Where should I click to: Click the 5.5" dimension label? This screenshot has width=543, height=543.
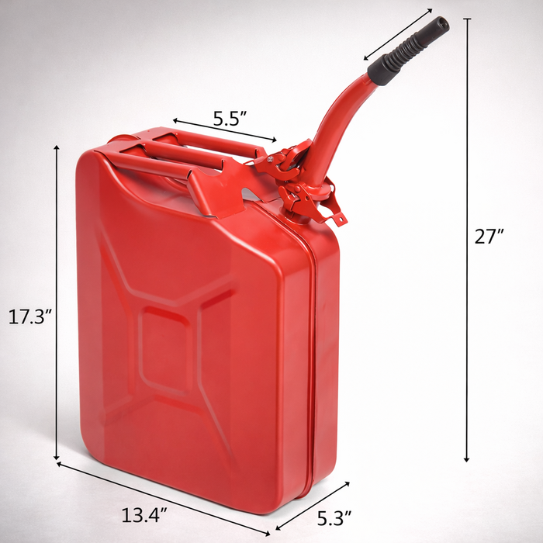[230, 119]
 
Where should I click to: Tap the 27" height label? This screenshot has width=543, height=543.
[490, 237]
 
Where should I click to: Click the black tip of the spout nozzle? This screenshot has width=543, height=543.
[441, 25]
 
